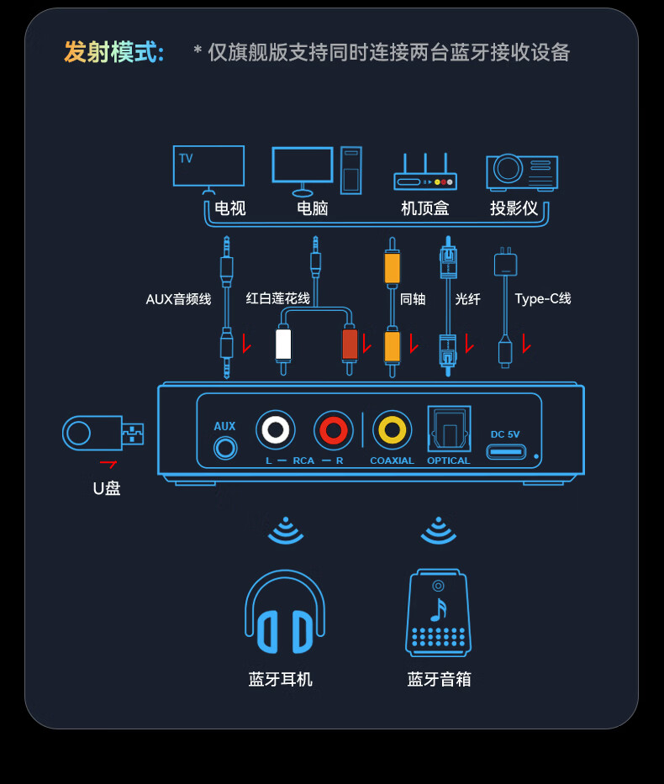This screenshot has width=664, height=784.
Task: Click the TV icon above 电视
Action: [208, 167]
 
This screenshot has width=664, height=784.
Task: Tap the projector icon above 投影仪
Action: [521, 171]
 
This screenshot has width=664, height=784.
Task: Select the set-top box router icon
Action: [425, 174]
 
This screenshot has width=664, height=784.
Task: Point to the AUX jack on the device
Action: [225, 448]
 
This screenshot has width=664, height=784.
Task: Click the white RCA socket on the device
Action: [275, 430]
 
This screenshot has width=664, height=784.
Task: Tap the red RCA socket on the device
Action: [334, 430]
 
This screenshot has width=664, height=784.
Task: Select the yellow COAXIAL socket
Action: [392, 430]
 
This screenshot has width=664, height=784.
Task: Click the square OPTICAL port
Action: [449, 430]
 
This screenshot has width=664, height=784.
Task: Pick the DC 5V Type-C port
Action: [506, 451]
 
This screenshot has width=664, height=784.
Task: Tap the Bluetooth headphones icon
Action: [285, 613]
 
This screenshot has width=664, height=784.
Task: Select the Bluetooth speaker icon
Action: [438, 613]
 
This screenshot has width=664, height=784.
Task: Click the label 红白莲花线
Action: [277, 298]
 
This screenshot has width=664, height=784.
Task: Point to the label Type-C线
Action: [543, 298]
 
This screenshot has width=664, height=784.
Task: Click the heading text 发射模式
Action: [113, 52]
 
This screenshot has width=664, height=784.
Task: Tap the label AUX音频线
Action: [178, 299]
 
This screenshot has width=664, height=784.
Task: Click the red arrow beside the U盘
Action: [108, 463]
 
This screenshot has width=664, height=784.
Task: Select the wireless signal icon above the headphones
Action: [286, 529]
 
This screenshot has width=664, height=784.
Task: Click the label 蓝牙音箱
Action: [439, 679]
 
